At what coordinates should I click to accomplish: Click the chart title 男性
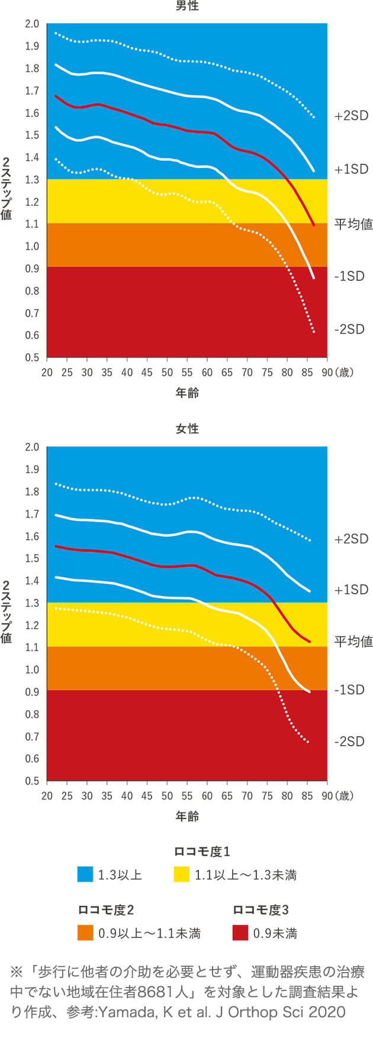tap(187, 7)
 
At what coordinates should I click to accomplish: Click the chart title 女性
tap(187, 429)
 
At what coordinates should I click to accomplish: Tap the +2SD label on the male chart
tap(351, 116)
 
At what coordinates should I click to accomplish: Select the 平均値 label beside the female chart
tap(353, 641)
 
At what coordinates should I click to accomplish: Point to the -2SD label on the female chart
tap(349, 741)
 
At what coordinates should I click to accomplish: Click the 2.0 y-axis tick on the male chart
tap(32, 24)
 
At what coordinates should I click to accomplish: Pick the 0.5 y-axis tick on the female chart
tap(32, 781)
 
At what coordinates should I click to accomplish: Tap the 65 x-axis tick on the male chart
tap(227, 373)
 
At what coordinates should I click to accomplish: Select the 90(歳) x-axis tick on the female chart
tap(337, 796)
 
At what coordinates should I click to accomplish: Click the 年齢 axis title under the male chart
tap(187, 393)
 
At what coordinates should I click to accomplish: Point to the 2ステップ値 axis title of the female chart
tap(7, 611)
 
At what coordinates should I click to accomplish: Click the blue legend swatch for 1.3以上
tap(85, 875)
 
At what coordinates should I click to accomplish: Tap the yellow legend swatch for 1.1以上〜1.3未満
tap(181, 875)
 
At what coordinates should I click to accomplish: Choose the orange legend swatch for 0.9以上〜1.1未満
tap(85, 933)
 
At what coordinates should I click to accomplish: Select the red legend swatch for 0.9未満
tap(240, 933)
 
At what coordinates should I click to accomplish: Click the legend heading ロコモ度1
tap(201, 851)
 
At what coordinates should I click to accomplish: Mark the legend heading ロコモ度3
tap(261, 910)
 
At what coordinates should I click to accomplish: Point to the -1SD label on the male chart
tap(349, 276)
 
